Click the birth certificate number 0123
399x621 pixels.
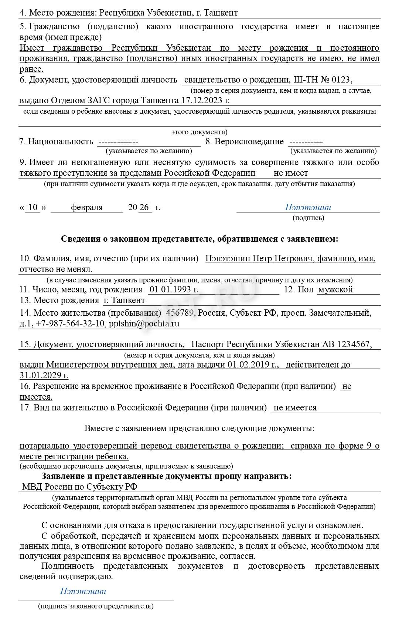339,80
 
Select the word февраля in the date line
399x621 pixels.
87,207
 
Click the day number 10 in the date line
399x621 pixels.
33,207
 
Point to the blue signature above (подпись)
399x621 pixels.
308,207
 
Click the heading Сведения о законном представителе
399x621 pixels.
199,239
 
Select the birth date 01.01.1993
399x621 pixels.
174,289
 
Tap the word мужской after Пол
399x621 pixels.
335,289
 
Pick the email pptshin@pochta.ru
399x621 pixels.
144,323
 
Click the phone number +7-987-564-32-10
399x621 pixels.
70,323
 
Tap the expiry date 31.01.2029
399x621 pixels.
44,375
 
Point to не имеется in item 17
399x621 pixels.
295,408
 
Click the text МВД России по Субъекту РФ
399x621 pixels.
80,487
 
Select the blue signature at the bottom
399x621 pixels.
83,591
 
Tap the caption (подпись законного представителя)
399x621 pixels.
96,606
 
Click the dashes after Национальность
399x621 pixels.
117,141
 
